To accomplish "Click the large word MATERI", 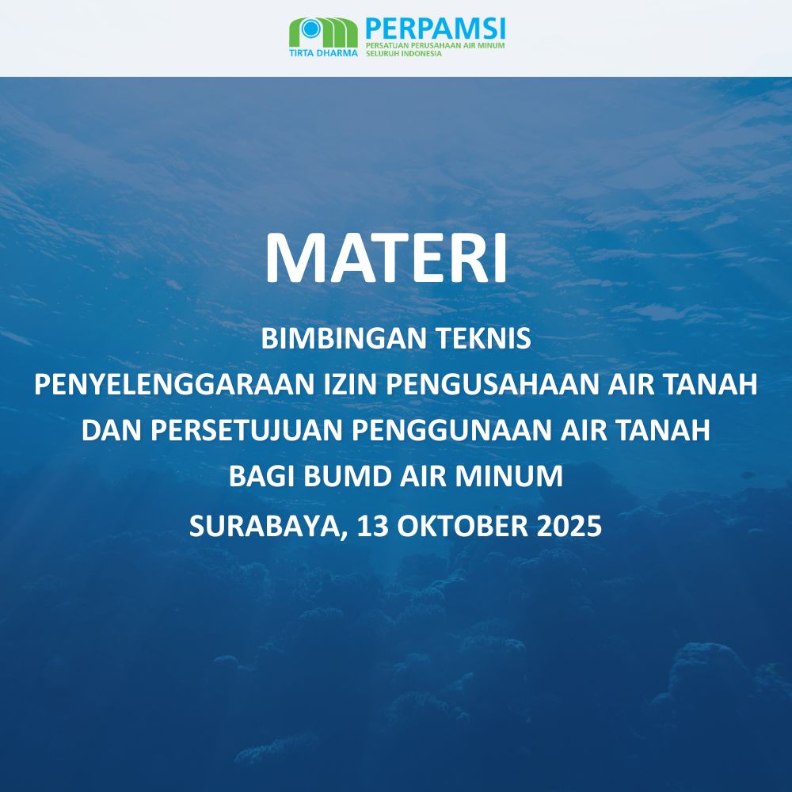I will tap(386, 257).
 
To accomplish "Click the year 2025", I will tap(569, 525).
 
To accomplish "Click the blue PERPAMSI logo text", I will tap(435, 29).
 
